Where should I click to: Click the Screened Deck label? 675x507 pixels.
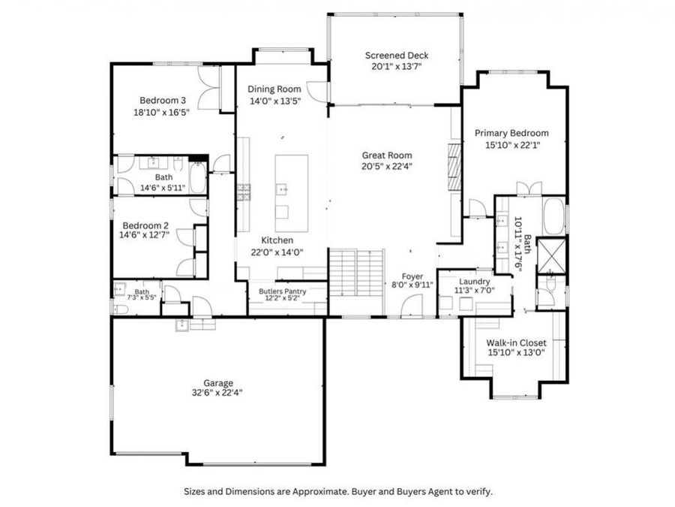(x=396, y=56)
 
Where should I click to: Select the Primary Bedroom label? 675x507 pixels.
(x=511, y=133)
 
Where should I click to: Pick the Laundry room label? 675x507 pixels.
(x=475, y=281)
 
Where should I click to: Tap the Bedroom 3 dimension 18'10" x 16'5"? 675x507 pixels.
(x=162, y=112)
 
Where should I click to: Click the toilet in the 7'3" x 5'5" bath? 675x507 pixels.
(x=120, y=309)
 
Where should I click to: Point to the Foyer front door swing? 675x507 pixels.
(x=412, y=305)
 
